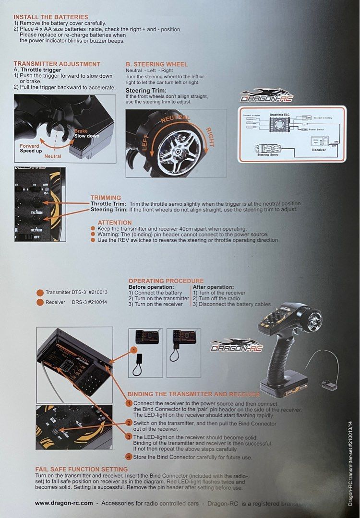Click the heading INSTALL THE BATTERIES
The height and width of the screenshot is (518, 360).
pyautogui.click(x=51, y=17)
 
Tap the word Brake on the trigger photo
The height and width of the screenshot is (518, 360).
pyautogui.click(x=81, y=130)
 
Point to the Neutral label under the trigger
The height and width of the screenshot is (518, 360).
pyautogui.click(x=53, y=156)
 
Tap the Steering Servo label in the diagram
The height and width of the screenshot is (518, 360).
pyautogui.click(x=269, y=155)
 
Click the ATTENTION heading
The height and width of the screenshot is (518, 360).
pyautogui.click(x=115, y=223)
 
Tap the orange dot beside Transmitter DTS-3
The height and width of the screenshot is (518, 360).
pyautogui.click(x=40, y=292)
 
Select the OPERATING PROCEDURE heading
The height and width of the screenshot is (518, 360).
pyautogui.click(x=166, y=281)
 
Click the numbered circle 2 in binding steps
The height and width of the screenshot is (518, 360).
pyautogui.click(x=129, y=423)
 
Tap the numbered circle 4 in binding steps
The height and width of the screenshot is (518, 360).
pyautogui.click(x=129, y=456)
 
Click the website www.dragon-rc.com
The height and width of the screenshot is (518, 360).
pyautogui.click(x=64, y=503)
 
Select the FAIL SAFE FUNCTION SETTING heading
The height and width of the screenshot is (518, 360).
pyautogui.click(x=82, y=469)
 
